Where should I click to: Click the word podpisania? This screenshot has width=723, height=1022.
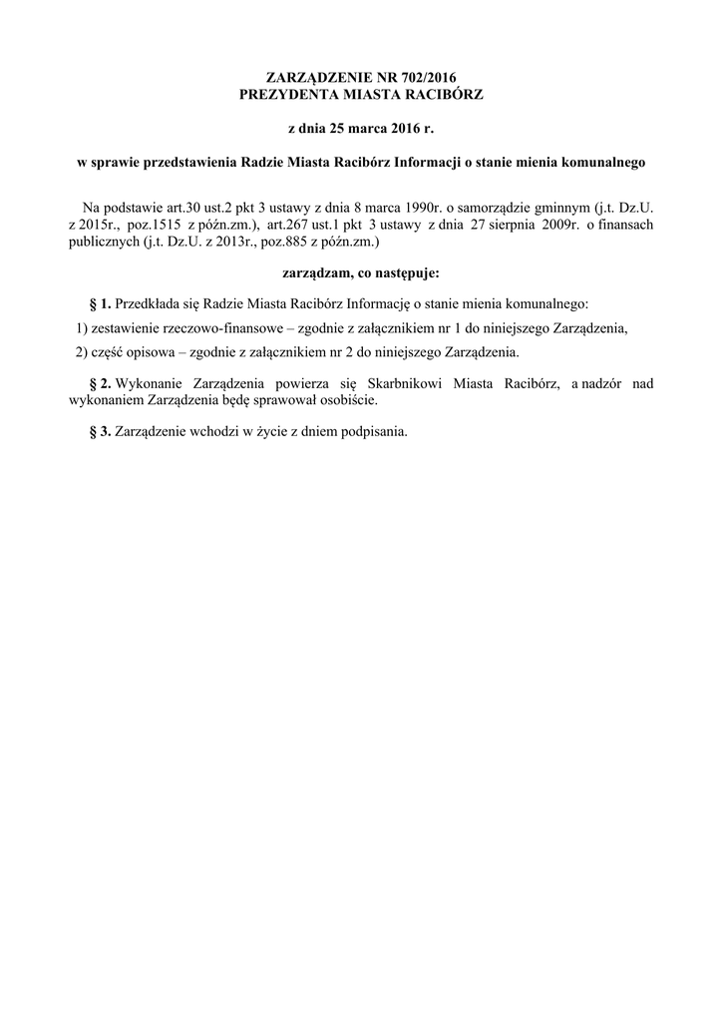[x=374, y=432]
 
